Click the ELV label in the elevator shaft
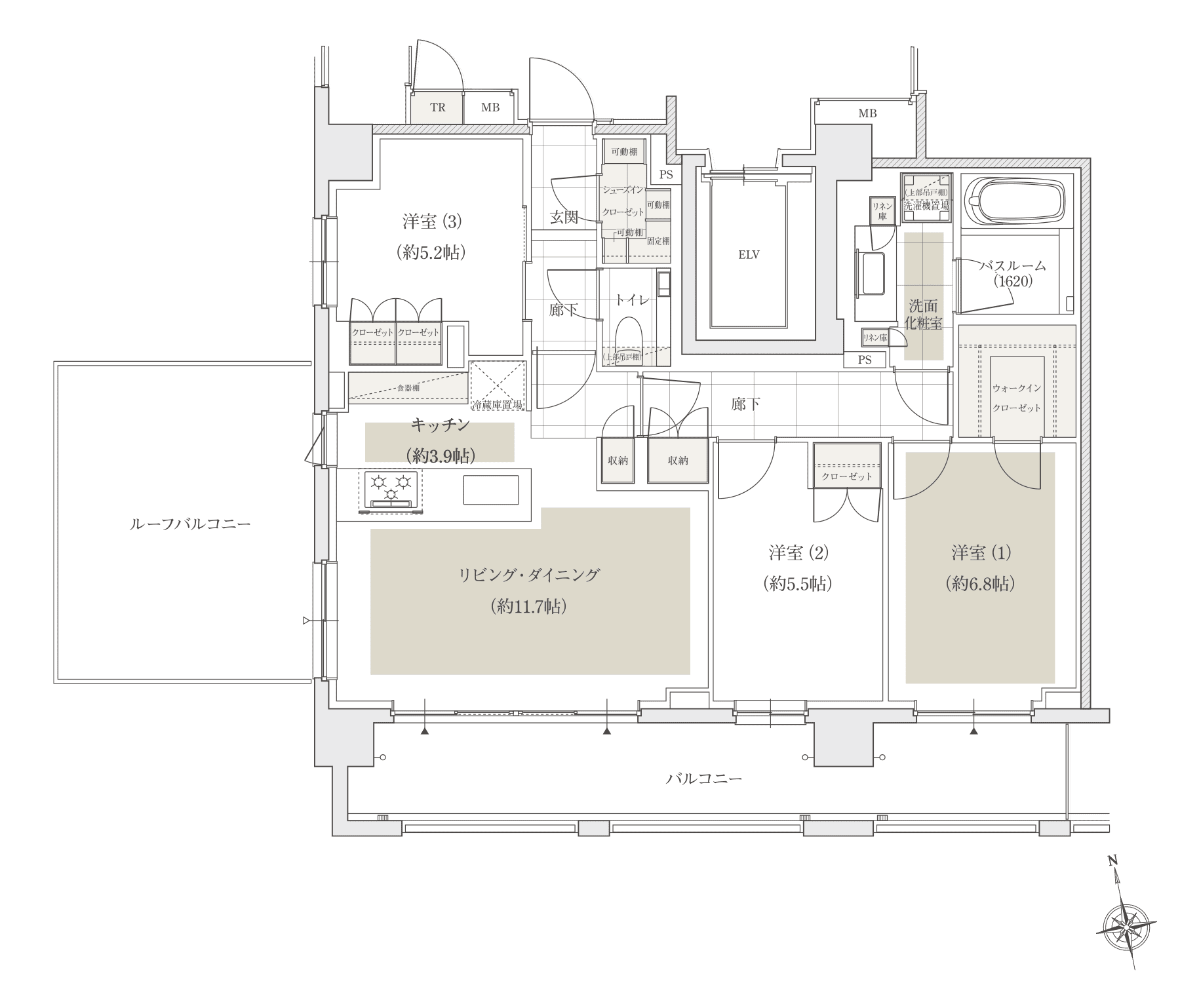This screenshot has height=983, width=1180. click(749, 255)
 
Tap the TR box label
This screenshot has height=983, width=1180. click(437, 107)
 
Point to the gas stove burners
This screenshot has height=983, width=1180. click(391, 488)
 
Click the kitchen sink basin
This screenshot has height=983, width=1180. click(490, 490)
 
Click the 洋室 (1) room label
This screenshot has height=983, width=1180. click(981, 554)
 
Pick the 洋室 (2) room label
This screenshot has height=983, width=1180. click(798, 554)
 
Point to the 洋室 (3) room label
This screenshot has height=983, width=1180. click(432, 222)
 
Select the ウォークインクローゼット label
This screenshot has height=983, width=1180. click(1016, 398)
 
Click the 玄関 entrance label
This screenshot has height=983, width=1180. click(563, 218)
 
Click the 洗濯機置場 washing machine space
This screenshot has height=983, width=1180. click(926, 198)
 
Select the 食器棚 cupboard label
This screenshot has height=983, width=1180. click(408, 388)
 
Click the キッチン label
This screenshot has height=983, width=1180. click(440, 425)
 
